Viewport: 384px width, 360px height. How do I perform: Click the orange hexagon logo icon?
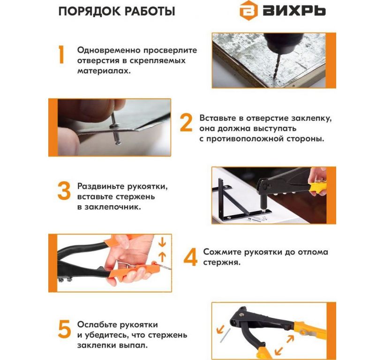click(248, 10)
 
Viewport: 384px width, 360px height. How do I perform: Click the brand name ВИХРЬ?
click(294, 10)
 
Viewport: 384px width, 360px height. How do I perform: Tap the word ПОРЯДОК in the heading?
click(89, 12)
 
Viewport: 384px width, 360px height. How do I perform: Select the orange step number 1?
click(61, 55)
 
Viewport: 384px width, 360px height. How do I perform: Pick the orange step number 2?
click(186, 123)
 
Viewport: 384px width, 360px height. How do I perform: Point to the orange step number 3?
click(64, 191)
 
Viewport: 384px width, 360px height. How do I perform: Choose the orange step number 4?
click(190, 257)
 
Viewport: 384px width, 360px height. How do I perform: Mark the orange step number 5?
click(64, 329)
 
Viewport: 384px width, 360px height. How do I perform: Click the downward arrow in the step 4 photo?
click(162, 242)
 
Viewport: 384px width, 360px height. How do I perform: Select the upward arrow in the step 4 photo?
click(162, 257)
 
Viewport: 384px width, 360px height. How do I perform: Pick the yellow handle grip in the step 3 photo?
click(317, 187)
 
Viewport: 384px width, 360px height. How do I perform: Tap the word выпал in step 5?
click(133, 345)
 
